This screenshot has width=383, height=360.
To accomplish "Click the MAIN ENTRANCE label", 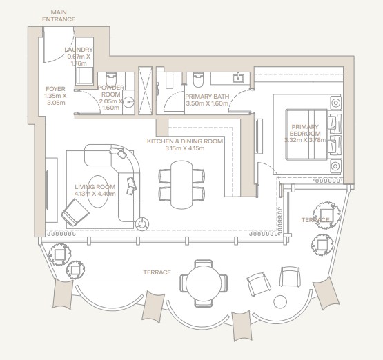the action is (x=59, y=16).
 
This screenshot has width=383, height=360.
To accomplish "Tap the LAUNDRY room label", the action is (x=79, y=50).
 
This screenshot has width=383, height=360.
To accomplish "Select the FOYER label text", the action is (x=55, y=89).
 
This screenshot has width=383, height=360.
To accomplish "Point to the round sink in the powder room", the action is (x=128, y=102).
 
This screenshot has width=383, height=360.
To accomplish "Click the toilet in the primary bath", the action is (x=198, y=79).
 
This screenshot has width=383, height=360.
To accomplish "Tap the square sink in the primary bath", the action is (x=238, y=78).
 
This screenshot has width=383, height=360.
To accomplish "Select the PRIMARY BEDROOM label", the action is (x=305, y=130).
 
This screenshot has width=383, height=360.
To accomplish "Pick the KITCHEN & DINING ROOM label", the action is (x=185, y=141).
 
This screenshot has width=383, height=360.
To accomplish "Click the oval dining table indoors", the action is (x=181, y=185).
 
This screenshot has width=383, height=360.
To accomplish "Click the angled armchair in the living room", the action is (x=75, y=212).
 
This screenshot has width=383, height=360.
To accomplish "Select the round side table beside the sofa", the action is (x=142, y=223).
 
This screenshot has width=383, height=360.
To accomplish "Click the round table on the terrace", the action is (x=204, y=283).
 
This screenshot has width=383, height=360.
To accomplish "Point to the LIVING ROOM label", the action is (x=95, y=187).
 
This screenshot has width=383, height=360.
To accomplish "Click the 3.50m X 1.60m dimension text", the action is (x=207, y=103).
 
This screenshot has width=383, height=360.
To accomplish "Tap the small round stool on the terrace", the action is (x=280, y=302).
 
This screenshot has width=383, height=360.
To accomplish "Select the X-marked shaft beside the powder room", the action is (x=145, y=90).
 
